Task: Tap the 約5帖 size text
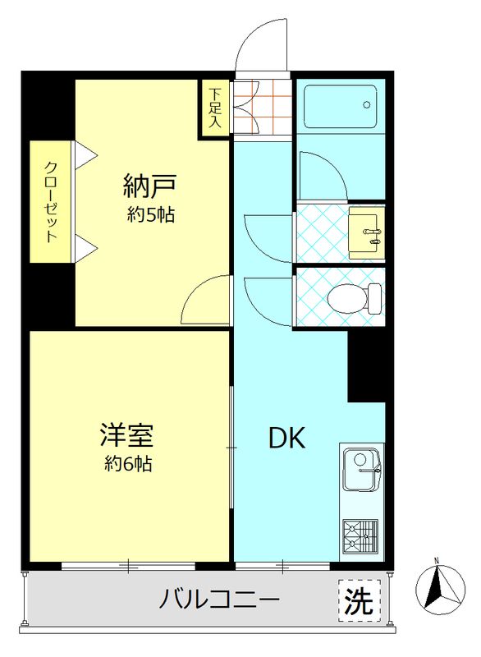click(x=151, y=216)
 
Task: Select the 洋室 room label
click(x=127, y=433)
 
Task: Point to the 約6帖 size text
click(x=127, y=463)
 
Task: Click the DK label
click(x=287, y=439)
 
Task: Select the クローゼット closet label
click(x=51, y=201)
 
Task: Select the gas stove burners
click(x=360, y=536)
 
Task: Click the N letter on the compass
click(x=437, y=561)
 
